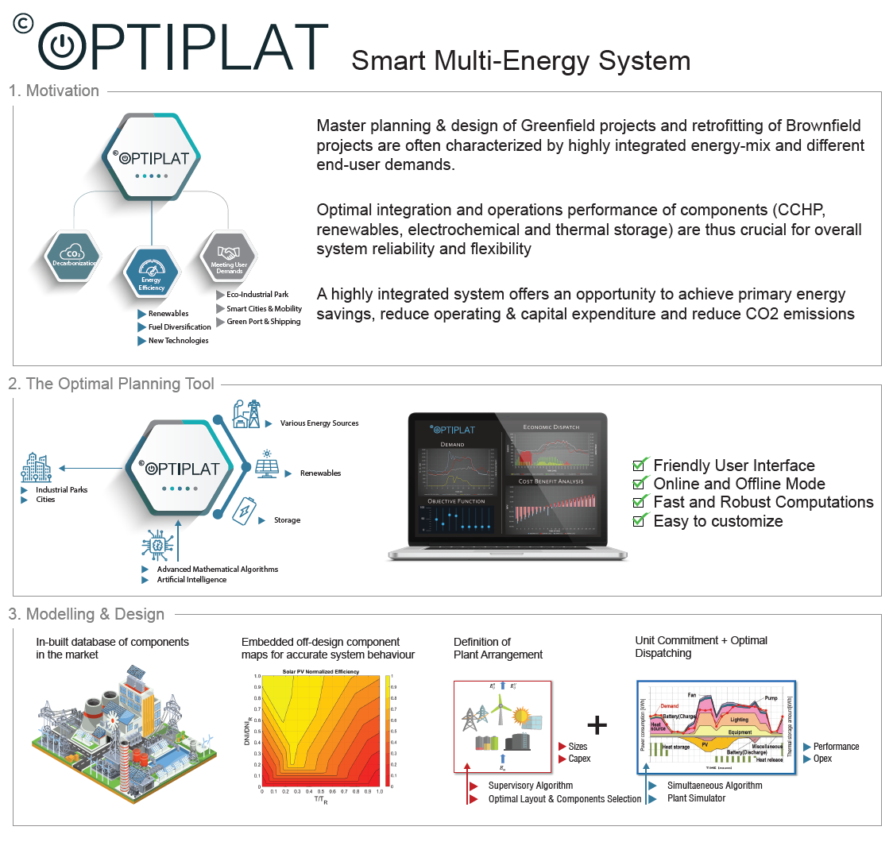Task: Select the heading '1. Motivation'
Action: pyautogui.click(x=54, y=91)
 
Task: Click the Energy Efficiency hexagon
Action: pyautogui.click(x=151, y=274)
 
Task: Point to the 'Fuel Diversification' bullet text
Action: pyautogui.click(x=180, y=326)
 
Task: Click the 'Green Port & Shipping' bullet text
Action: pyautogui.click(x=264, y=322)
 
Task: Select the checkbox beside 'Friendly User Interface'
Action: pyautogui.click(x=640, y=465)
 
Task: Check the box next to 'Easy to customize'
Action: pyautogui.click(x=640, y=521)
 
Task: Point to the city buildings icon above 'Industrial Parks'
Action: pyautogui.click(x=37, y=468)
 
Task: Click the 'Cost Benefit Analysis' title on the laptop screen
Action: pyautogui.click(x=551, y=481)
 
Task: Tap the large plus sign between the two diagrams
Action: pyautogui.click(x=597, y=724)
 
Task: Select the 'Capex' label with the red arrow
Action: pyautogui.click(x=579, y=759)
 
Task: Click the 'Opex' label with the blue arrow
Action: pyautogui.click(x=822, y=759)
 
